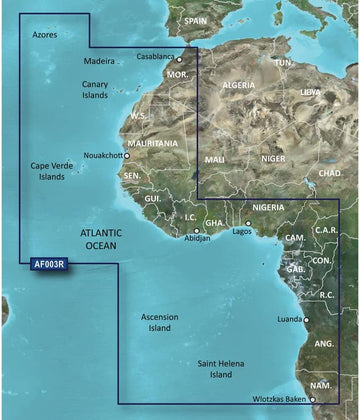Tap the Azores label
(45, 34)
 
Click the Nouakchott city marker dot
(126, 156)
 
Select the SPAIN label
(196, 20)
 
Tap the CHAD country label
(330, 173)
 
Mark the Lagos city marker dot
(248, 222)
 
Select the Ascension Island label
(160, 322)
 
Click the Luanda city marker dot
(307, 321)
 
